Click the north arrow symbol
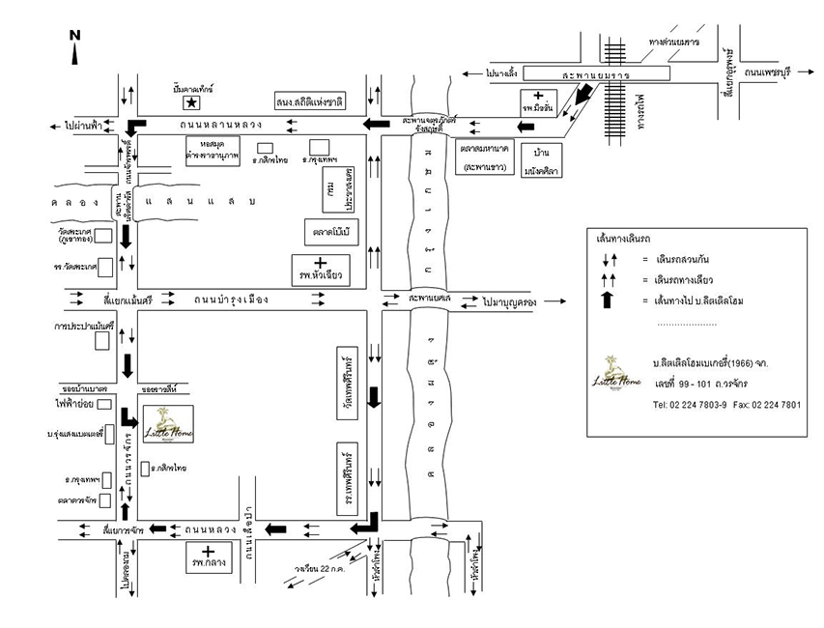click(74, 47)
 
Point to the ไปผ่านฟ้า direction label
click(85, 127)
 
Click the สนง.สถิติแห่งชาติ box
click(309, 101)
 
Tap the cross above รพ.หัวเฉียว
click(320, 263)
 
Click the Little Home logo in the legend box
click(612, 371)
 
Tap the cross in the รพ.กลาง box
click(208, 551)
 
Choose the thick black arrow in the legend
click(607, 300)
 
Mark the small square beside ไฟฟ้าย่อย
click(103, 404)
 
